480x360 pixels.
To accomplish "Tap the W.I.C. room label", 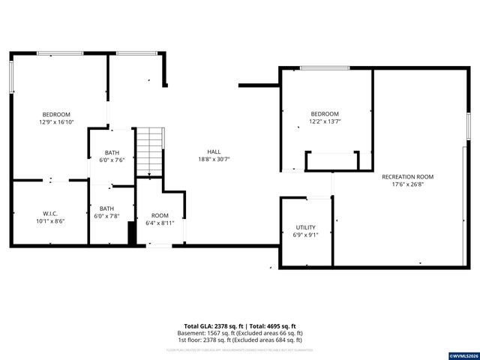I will pos(50,214).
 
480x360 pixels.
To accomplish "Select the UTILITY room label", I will pos(305,227).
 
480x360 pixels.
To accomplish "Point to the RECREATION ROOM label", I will pos(407,177).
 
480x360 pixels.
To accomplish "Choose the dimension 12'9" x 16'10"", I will pos(55,122).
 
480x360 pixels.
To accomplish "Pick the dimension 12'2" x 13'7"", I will pos(325,121).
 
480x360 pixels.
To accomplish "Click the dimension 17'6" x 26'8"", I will pos(407,184).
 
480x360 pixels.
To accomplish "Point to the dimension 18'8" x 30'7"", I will pos(214,159).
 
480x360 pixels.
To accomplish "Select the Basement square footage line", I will pos(239,333).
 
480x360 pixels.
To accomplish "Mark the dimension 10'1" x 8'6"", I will pos(50,221).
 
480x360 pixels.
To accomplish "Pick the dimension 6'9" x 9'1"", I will pos(305,235).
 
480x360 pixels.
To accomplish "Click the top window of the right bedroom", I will pos(325,68).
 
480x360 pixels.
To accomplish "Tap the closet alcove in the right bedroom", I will pos(330,162).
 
